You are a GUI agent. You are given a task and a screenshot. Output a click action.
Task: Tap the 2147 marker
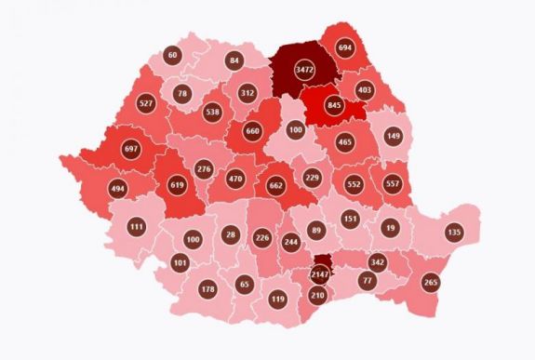[x=320, y=274]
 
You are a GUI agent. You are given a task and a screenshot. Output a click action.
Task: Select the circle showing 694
[x=347, y=48]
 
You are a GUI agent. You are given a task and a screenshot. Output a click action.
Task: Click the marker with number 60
[x=171, y=55]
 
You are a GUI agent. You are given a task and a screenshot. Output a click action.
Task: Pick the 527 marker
[x=146, y=102]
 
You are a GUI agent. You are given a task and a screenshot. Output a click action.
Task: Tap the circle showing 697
[x=130, y=150]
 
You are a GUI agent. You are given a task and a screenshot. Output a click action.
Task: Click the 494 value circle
[x=118, y=189]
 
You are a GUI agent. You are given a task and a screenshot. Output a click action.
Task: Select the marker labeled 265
[x=430, y=283]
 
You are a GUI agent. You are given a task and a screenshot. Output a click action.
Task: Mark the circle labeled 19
[x=392, y=226]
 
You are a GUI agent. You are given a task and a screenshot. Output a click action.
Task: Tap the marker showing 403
[x=364, y=91]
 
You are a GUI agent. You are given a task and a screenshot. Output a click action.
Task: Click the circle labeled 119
[x=278, y=300]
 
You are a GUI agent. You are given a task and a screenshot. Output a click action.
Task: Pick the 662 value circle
[x=274, y=185]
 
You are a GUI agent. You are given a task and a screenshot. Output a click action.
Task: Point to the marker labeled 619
[x=180, y=185]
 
